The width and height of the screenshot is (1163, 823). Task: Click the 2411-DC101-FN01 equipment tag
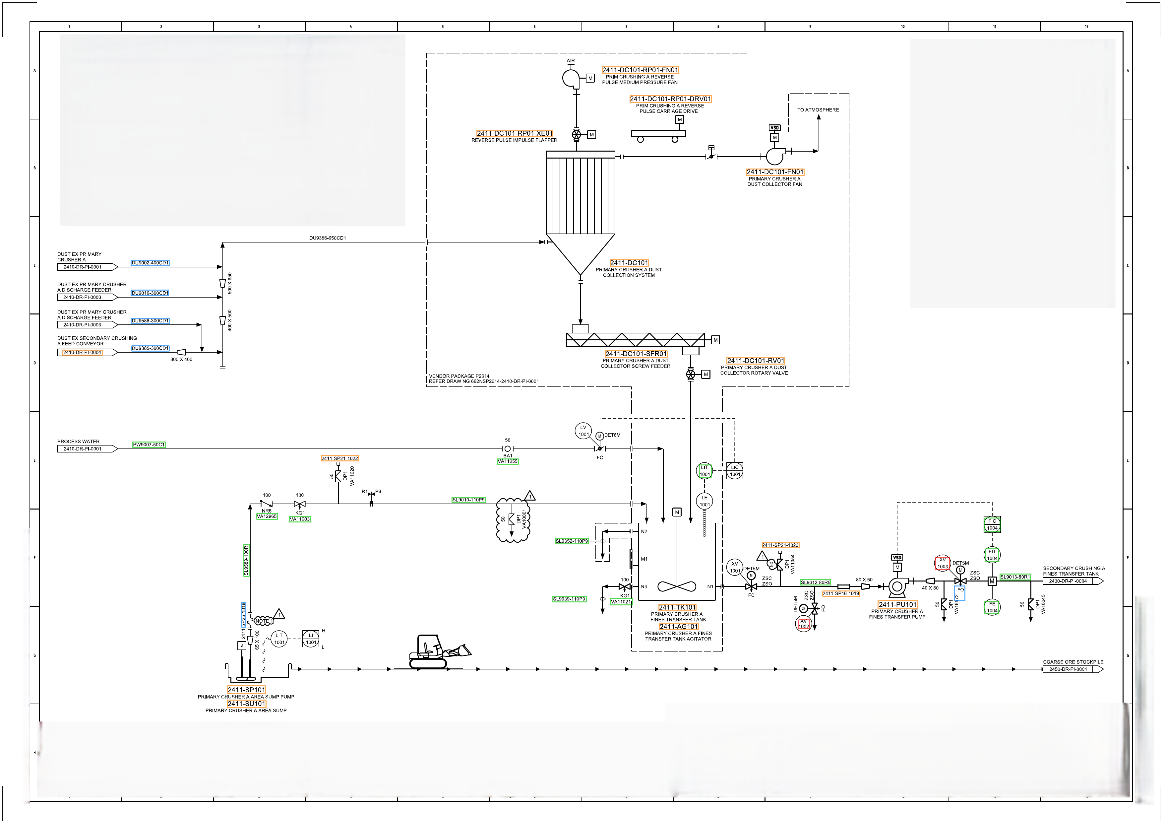[x=774, y=172]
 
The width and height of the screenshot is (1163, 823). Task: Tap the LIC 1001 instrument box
[x=734, y=471]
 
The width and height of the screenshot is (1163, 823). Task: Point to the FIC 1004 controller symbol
[x=992, y=524]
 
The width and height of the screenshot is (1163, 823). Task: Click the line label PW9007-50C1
[x=149, y=445]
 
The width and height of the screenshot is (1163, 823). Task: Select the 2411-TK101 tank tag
[x=677, y=607]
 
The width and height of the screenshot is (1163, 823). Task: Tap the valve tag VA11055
[x=508, y=461]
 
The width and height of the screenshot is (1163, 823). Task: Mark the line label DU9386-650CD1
[x=327, y=238]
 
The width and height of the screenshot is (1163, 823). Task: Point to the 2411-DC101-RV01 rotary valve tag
[x=755, y=361]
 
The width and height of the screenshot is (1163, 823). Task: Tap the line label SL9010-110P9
[x=468, y=500]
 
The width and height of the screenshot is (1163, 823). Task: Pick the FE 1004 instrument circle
[x=992, y=607]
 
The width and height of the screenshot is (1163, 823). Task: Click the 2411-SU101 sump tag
[x=246, y=703]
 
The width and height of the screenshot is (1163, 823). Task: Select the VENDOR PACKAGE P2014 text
[x=459, y=377]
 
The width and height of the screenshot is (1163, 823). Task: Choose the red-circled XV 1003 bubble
[x=942, y=563]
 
